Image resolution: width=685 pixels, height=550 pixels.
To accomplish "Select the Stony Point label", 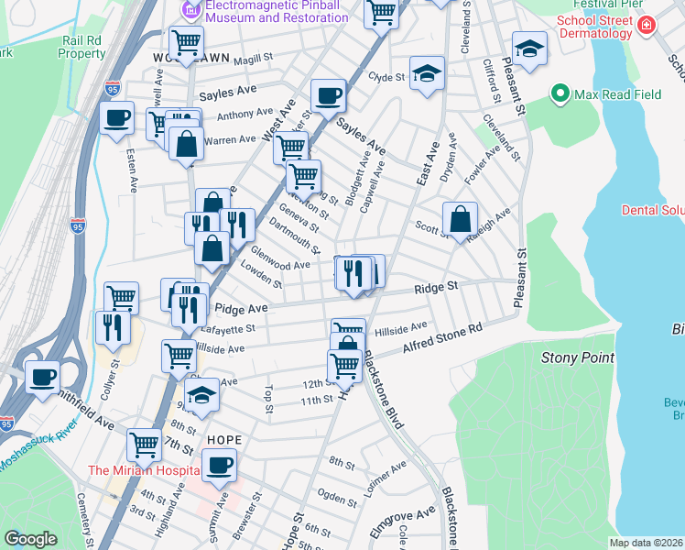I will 577,357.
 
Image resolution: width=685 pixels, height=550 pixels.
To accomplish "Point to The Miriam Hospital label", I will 143,470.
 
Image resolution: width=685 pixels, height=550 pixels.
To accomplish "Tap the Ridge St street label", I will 436,288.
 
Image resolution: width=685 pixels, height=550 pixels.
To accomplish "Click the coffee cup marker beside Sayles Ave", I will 327,95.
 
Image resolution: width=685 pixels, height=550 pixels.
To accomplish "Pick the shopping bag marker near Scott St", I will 460,218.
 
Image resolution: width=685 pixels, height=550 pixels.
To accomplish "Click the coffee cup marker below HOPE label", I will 219,465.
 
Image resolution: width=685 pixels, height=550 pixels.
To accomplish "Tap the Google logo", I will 31,538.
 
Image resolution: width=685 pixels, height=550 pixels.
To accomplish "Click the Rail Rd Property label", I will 82,47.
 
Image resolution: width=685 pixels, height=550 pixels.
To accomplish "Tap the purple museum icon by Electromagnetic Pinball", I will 190,11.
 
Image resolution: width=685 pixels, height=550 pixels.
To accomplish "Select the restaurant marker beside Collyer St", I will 112,327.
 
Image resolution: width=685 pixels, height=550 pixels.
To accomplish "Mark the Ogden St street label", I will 336,500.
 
